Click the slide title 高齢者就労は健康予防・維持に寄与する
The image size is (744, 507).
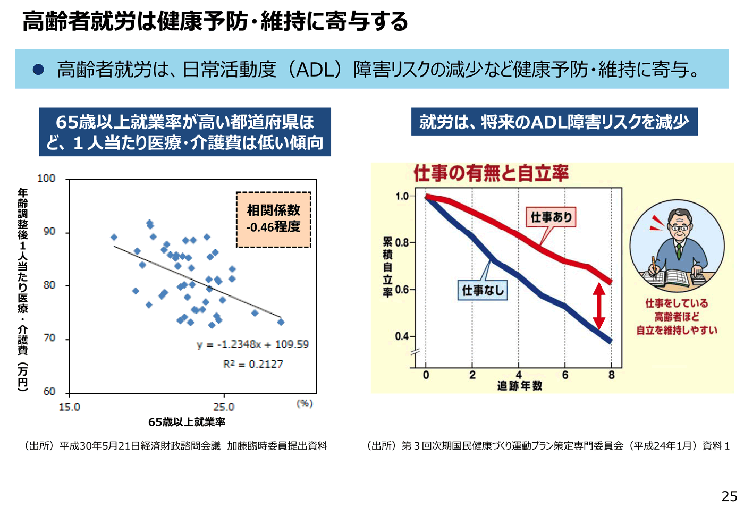point(215,21)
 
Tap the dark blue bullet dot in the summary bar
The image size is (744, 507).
point(38,69)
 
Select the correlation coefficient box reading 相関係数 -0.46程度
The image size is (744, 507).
point(273,219)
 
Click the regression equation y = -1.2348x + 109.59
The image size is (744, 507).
point(252,344)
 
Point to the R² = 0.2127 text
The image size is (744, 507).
point(253,364)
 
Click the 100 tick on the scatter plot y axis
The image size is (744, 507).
point(47,179)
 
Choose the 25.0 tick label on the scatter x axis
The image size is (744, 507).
point(224,407)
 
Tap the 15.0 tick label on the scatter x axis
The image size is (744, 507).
point(70,407)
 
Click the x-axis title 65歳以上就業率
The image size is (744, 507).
point(187,422)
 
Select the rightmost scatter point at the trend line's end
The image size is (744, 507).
point(281,322)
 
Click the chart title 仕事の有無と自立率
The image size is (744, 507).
point(491,173)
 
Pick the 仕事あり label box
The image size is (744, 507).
point(551,217)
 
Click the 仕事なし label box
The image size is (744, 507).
point(483,290)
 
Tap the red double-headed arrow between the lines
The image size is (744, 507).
point(599,306)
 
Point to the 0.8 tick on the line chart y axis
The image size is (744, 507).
point(402,243)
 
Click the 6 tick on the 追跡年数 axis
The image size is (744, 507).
point(565,375)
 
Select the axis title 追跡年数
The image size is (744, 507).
point(519,386)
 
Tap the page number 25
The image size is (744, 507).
point(729,496)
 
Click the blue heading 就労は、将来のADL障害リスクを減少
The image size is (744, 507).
point(554,122)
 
